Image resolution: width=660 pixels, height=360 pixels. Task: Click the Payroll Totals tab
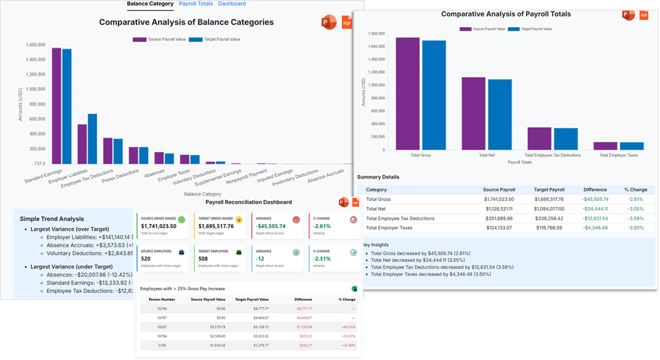[x=196, y=4]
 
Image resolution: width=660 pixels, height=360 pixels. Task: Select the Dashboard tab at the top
[x=232, y=4]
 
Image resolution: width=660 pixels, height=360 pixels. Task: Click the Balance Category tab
[x=150, y=4]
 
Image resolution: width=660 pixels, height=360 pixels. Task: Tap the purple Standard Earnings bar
[x=56, y=105]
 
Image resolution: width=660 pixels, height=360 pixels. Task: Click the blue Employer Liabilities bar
[x=93, y=139]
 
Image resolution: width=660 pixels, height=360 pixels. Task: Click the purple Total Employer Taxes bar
[x=604, y=145]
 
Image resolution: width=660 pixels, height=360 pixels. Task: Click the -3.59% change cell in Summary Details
[x=635, y=219]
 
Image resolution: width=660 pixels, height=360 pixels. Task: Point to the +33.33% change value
[x=347, y=336]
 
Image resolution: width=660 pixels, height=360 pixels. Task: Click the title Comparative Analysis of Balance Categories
[x=186, y=22]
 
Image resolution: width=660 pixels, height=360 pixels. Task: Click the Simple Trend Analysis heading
[x=51, y=219]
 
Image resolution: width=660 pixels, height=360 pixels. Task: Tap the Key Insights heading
[x=376, y=244]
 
